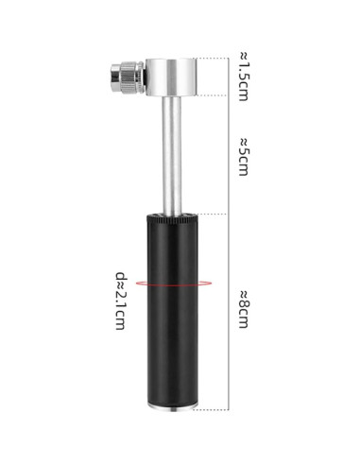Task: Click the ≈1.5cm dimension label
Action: click(244, 77)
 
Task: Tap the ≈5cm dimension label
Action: click(244, 157)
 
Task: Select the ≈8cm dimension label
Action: click(244, 310)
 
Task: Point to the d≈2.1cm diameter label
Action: click(122, 301)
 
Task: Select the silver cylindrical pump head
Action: click(171, 77)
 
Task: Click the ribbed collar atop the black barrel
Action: click(172, 219)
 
